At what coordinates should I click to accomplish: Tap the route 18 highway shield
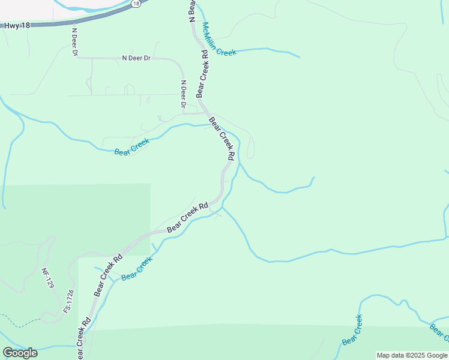click(136, 4)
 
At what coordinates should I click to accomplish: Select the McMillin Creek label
click(218, 39)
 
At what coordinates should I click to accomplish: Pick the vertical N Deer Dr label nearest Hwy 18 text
click(75, 43)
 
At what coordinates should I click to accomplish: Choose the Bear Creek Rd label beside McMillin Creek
click(202, 73)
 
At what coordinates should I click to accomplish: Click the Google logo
click(20, 352)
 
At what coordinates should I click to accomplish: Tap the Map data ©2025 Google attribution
click(412, 355)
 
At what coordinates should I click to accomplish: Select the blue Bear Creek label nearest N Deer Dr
click(131, 146)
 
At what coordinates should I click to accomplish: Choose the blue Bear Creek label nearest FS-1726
click(137, 269)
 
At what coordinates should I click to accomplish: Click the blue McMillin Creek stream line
click(270, 51)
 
